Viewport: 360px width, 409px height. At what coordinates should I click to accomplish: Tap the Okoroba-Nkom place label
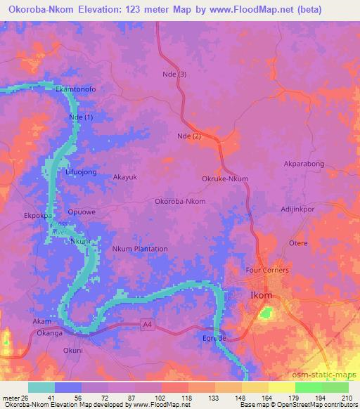pyautogui.click(x=180, y=202)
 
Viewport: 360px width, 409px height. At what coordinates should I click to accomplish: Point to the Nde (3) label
pyautogui.click(x=174, y=74)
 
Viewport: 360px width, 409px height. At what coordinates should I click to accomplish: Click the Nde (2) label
pyautogui.click(x=189, y=136)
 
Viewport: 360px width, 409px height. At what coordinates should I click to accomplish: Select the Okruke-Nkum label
pyautogui.click(x=225, y=179)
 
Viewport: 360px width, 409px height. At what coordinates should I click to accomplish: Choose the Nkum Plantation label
pyautogui.click(x=140, y=249)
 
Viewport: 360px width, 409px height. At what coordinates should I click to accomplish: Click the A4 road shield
pyautogui.click(x=146, y=324)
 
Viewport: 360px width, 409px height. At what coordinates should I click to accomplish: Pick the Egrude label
pyautogui.click(x=214, y=339)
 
